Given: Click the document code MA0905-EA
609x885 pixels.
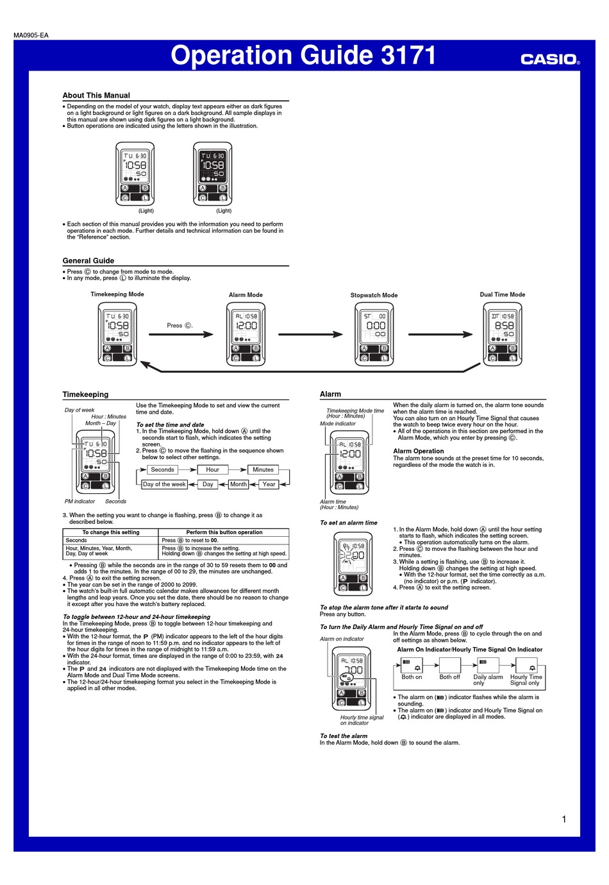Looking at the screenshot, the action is [x=31, y=35].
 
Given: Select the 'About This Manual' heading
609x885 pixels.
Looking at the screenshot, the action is [x=96, y=95].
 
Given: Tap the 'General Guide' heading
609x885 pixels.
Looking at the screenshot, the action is [x=88, y=261].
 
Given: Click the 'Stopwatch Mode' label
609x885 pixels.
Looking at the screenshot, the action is [x=374, y=295].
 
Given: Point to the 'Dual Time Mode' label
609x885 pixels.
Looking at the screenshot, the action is [x=503, y=294].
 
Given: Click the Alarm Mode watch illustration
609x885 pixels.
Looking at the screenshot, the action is [x=246, y=334].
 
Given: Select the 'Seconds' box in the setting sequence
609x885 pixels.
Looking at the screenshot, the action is [x=162, y=469].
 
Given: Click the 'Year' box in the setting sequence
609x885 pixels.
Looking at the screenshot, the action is [x=269, y=484].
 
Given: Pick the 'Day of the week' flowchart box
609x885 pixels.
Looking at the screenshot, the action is [x=164, y=484].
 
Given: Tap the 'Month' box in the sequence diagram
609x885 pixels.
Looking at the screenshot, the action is [x=238, y=484].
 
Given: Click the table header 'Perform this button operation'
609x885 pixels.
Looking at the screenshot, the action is [x=224, y=532].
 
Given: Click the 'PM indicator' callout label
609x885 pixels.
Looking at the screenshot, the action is [x=79, y=501].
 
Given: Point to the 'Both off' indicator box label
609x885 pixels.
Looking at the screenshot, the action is [x=449, y=677].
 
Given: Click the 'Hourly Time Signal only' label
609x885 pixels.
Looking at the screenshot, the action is [x=526, y=680].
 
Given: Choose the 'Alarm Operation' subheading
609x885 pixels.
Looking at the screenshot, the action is [x=418, y=451].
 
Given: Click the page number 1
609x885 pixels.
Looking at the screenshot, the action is [x=563, y=819].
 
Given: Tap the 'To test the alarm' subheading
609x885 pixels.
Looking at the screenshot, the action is [x=343, y=736].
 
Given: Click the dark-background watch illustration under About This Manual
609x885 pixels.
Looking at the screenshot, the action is [x=212, y=174].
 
